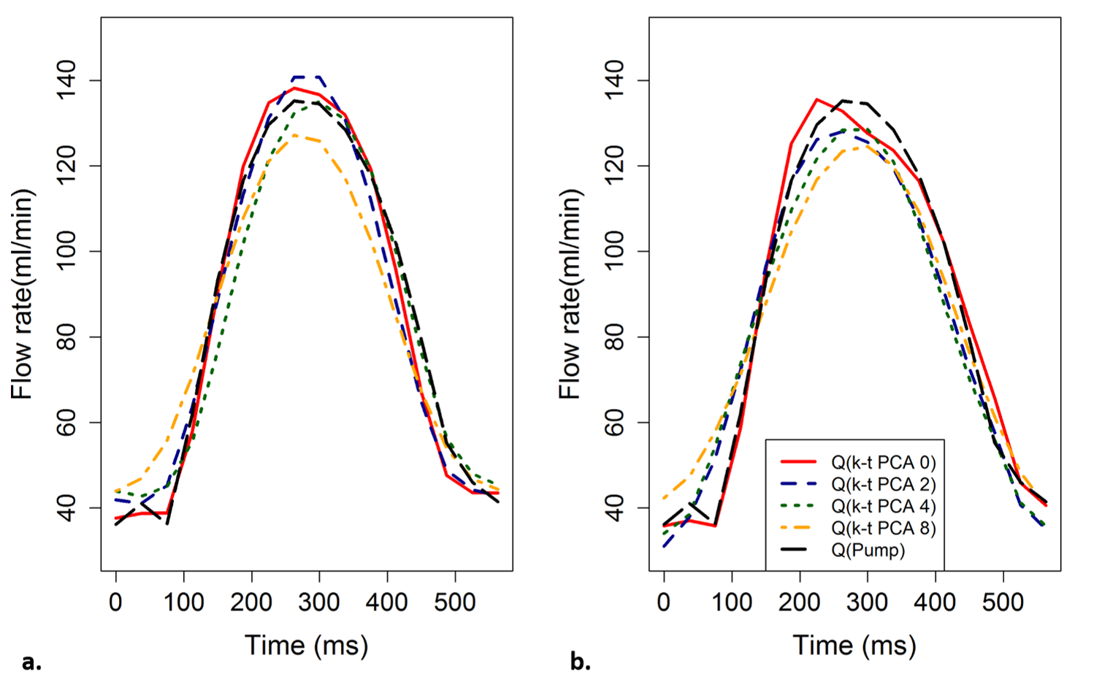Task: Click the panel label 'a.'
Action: [31, 662]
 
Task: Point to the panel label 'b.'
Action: [580, 662]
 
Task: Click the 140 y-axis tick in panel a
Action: [67, 80]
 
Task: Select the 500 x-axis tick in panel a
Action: [455, 603]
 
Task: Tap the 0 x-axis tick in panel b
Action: [664, 603]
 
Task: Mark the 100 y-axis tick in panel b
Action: [616, 252]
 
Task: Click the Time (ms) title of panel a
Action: [306, 645]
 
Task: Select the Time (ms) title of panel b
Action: [854, 645]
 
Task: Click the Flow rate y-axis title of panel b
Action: [570, 294]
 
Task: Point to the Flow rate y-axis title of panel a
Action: [22, 294]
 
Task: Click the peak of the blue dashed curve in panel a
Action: [306, 77]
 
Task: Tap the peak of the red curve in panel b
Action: [816, 99]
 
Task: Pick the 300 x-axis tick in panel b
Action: [868, 603]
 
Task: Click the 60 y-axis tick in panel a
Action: [67, 423]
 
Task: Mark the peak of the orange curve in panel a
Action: [294, 135]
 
